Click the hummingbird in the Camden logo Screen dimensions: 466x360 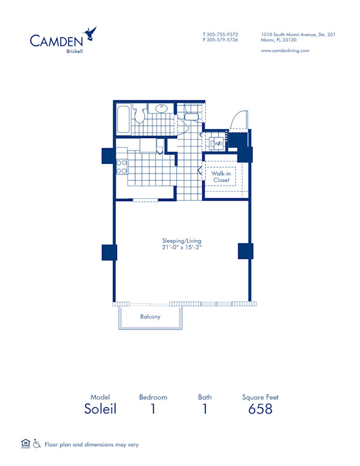[91, 33]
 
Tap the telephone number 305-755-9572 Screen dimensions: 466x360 [223, 34]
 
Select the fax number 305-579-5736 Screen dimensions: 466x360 [223, 40]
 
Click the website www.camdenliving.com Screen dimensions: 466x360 [285, 51]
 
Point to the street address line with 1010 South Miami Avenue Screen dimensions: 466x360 [298, 34]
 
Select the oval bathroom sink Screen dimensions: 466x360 [161, 109]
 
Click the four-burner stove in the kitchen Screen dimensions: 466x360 [122, 167]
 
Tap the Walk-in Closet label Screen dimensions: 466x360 [221, 177]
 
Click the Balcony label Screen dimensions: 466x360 [150, 316]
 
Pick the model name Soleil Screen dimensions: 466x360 [100, 410]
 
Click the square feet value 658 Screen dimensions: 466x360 [260, 410]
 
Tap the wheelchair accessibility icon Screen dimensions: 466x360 [37, 444]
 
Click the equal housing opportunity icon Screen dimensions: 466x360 [26, 444]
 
